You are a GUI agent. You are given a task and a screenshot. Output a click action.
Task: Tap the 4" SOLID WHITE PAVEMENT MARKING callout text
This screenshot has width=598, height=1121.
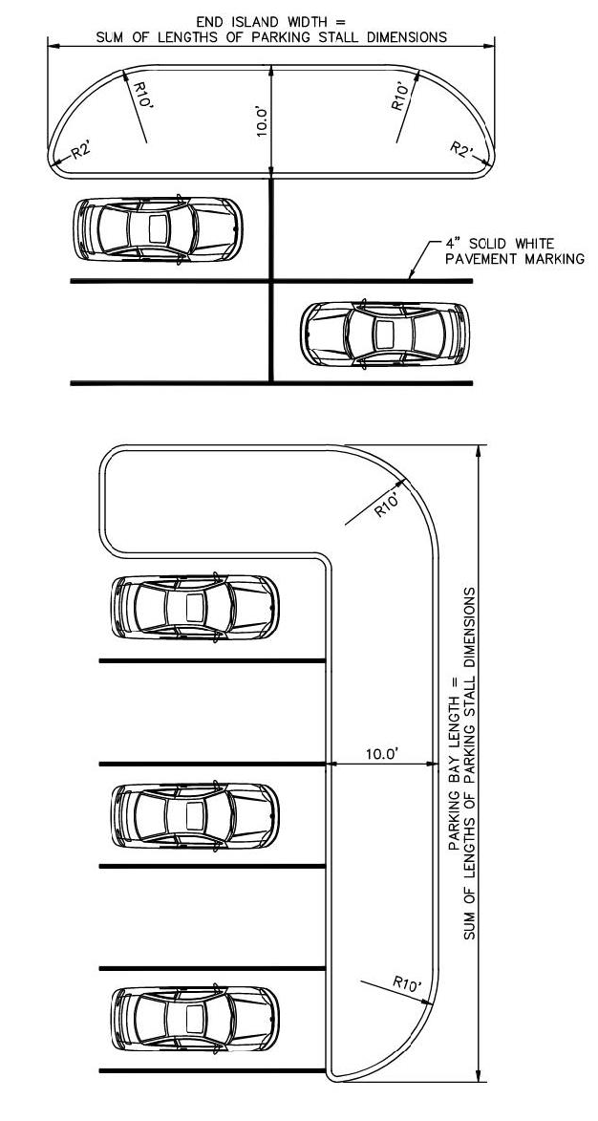point(514,251)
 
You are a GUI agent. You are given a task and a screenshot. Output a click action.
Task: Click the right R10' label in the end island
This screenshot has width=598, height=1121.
point(401,96)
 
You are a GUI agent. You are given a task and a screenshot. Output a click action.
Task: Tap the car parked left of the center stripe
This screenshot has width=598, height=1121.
point(158,228)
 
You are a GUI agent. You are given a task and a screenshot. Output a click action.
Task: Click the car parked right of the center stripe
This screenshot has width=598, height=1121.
point(384,334)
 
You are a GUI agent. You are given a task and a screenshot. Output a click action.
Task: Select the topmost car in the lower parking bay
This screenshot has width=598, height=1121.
point(195,607)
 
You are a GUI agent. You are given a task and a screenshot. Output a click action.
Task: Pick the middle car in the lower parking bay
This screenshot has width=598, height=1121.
point(195,815)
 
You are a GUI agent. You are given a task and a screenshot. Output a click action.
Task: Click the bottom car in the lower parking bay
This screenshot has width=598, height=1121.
point(195,1019)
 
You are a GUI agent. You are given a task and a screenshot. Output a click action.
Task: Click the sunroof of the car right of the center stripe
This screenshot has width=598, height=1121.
point(385,334)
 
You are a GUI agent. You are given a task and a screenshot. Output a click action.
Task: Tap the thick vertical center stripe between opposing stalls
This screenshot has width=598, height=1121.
point(270,280)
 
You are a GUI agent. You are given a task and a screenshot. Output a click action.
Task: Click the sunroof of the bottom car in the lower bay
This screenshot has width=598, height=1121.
point(194,1019)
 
